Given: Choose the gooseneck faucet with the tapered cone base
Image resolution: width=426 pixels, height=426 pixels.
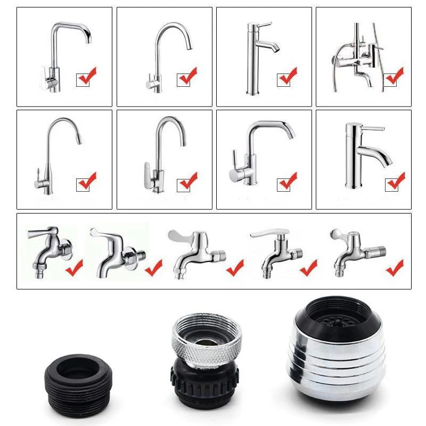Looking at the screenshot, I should click(53, 154).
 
